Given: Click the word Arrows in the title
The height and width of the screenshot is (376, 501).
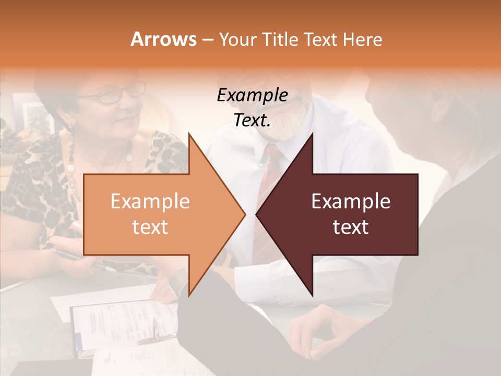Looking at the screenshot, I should click(x=163, y=39).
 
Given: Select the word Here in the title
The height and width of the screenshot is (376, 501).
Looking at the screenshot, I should click(x=362, y=39).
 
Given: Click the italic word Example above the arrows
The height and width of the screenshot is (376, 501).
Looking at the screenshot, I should click(x=253, y=96).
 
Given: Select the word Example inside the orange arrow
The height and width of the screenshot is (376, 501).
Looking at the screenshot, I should click(x=150, y=202).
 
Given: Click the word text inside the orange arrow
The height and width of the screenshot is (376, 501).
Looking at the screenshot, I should click(x=150, y=227).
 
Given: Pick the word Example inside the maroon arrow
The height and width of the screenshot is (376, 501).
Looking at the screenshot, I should click(x=351, y=202).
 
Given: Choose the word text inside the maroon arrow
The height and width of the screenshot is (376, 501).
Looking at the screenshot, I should click(x=351, y=227).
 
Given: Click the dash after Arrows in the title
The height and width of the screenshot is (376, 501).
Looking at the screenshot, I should click(x=207, y=40).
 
